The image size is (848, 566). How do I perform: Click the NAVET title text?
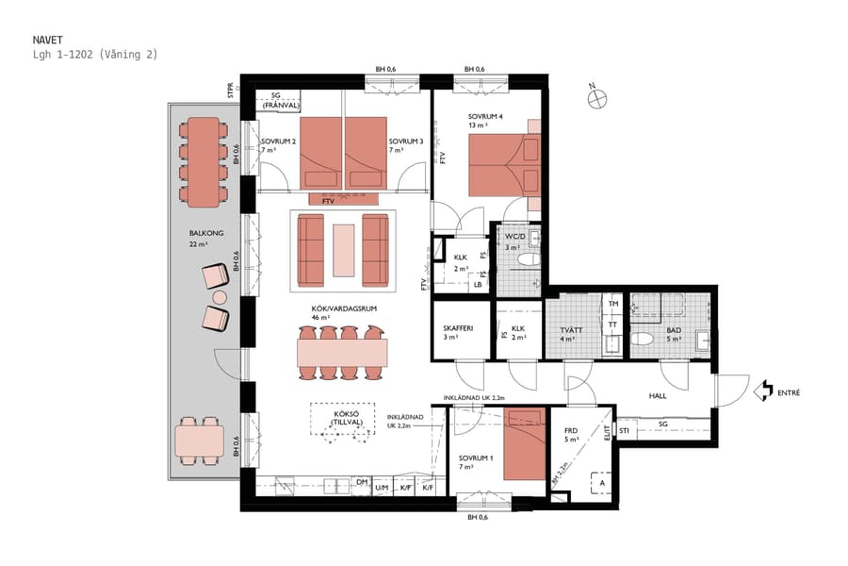pyautogui.click(x=48, y=40)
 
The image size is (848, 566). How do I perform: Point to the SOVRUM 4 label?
pyautogui.click(x=486, y=118)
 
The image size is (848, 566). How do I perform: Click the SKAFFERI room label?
pyautogui.click(x=459, y=330)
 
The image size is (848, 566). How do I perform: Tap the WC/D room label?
pyautogui.click(x=514, y=237)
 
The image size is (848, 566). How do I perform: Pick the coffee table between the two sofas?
pyautogui.click(x=344, y=249)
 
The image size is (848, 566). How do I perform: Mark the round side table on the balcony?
pyautogui.click(x=220, y=298)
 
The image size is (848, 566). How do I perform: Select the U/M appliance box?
pyautogui.click(x=382, y=488)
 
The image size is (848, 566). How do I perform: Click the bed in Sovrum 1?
pyautogui.click(x=524, y=444)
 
